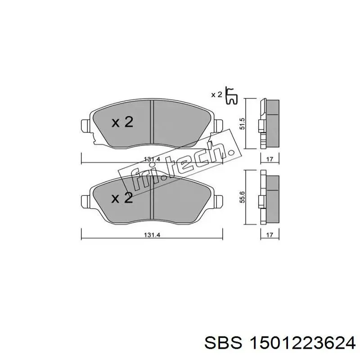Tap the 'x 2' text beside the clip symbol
coord(217,94)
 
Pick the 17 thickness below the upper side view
coord(270,158)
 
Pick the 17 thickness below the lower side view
coord(270,235)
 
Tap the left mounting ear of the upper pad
coord(85,125)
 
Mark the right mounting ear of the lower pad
coord(219,199)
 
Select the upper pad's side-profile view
coord(269,122)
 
